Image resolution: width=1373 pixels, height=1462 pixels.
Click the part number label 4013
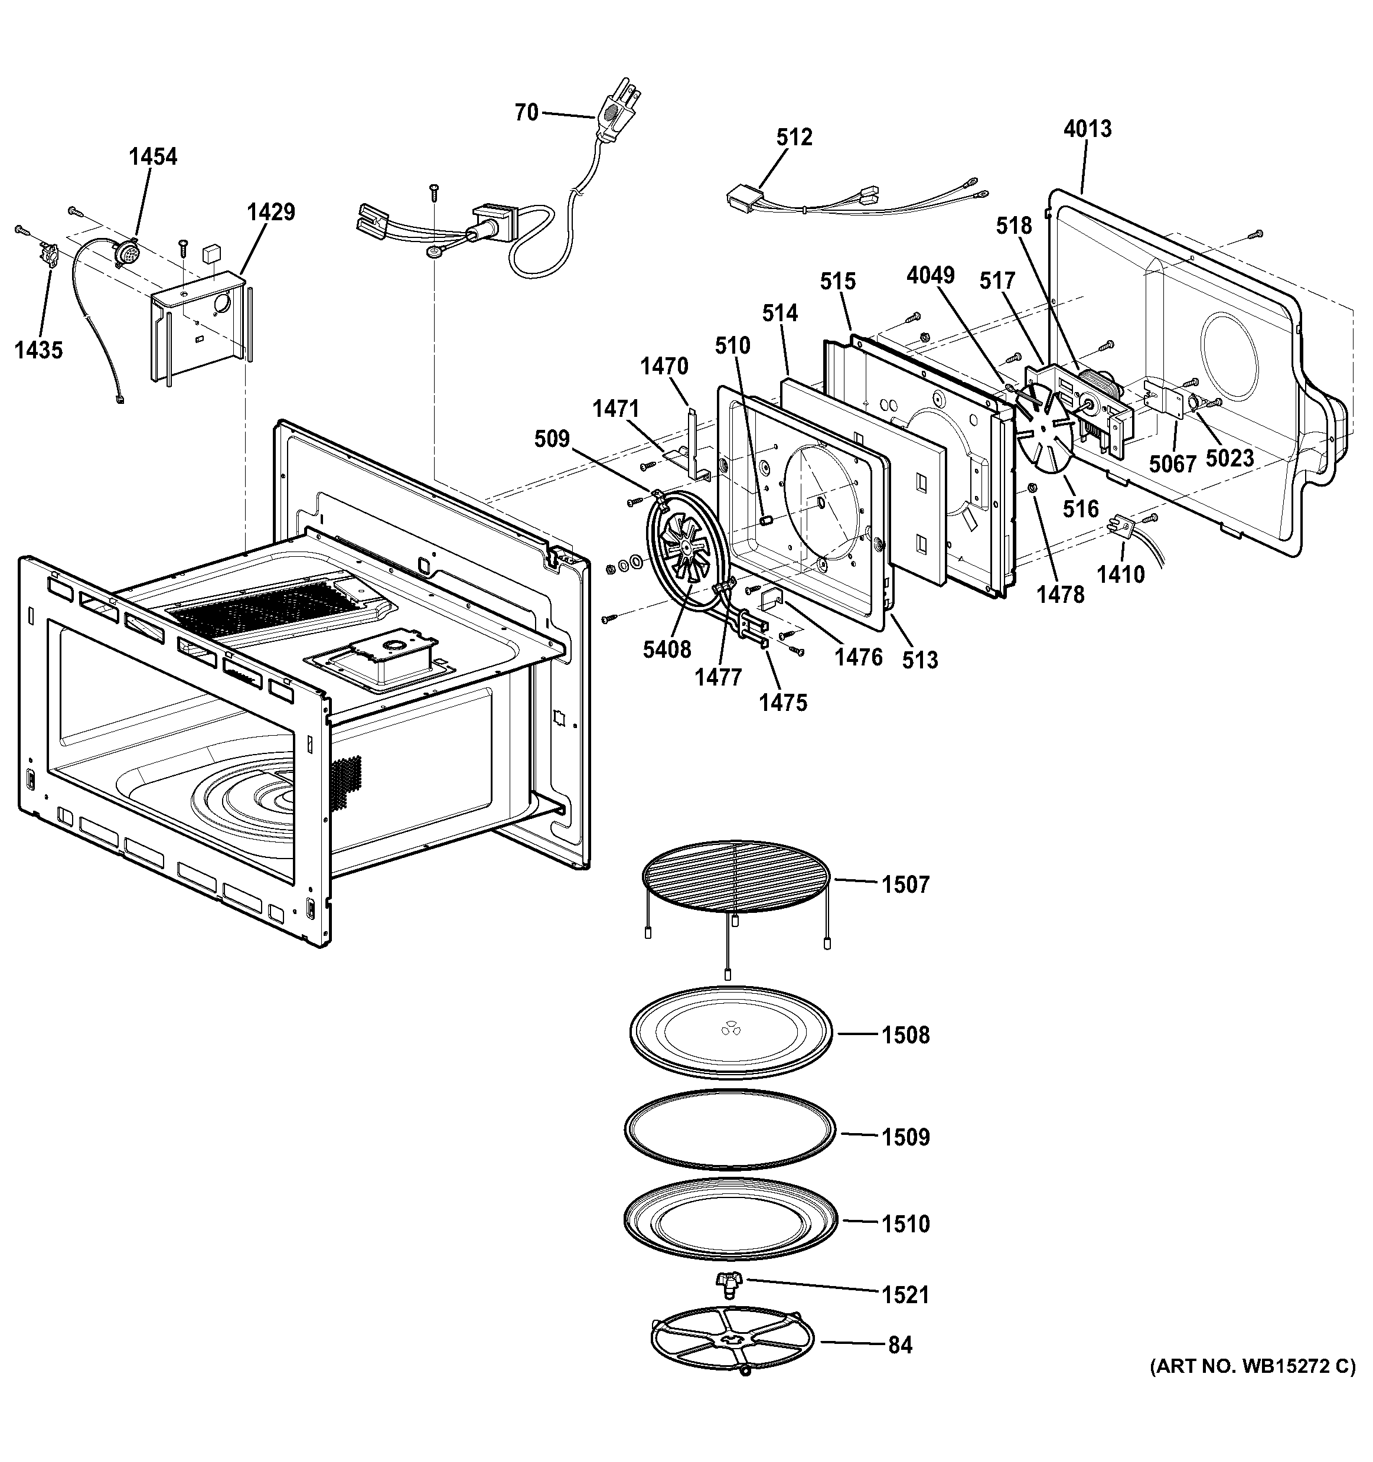point(1087,129)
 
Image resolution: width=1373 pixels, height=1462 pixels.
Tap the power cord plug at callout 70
point(614,112)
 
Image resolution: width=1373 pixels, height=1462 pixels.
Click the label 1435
point(38,350)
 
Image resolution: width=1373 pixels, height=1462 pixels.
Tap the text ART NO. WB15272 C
point(1253,1366)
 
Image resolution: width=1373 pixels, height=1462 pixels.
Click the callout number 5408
point(666,650)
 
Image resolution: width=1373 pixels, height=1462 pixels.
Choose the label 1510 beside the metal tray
point(905,1223)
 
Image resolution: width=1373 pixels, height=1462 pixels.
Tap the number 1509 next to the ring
point(905,1137)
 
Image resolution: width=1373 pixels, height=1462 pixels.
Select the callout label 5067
point(1172,464)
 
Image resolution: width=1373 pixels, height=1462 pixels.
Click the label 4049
point(930,275)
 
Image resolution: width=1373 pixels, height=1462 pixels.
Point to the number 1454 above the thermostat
point(153,156)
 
